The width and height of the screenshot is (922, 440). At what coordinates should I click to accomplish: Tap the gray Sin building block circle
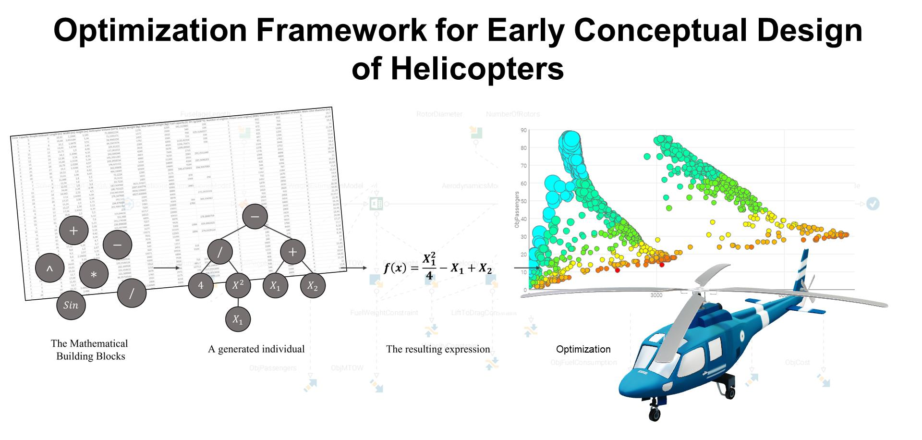(x=71, y=305)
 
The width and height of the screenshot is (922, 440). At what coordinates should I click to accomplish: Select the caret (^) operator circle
(x=49, y=270)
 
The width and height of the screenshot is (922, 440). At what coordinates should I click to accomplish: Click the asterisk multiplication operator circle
(x=94, y=274)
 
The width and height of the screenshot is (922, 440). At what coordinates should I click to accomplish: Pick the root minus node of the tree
(x=255, y=217)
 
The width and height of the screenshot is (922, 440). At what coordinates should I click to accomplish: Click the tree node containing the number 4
(x=201, y=285)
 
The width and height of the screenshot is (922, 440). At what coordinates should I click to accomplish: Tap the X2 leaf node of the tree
(x=313, y=286)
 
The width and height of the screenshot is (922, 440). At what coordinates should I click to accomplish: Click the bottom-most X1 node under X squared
(x=238, y=320)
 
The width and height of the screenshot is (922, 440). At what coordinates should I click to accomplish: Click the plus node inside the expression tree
(x=292, y=251)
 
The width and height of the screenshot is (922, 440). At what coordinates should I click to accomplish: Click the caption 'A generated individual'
(x=256, y=349)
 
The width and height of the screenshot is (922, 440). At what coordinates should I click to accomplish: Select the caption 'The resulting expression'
(x=438, y=349)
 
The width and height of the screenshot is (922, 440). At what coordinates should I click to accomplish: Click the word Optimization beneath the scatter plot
(x=583, y=349)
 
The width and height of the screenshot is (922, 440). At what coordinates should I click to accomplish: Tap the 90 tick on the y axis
(x=523, y=130)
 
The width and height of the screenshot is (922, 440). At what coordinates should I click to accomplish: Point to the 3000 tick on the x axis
(x=656, y=295)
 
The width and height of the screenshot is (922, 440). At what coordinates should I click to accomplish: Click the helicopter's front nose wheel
(x=654, y=413)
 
